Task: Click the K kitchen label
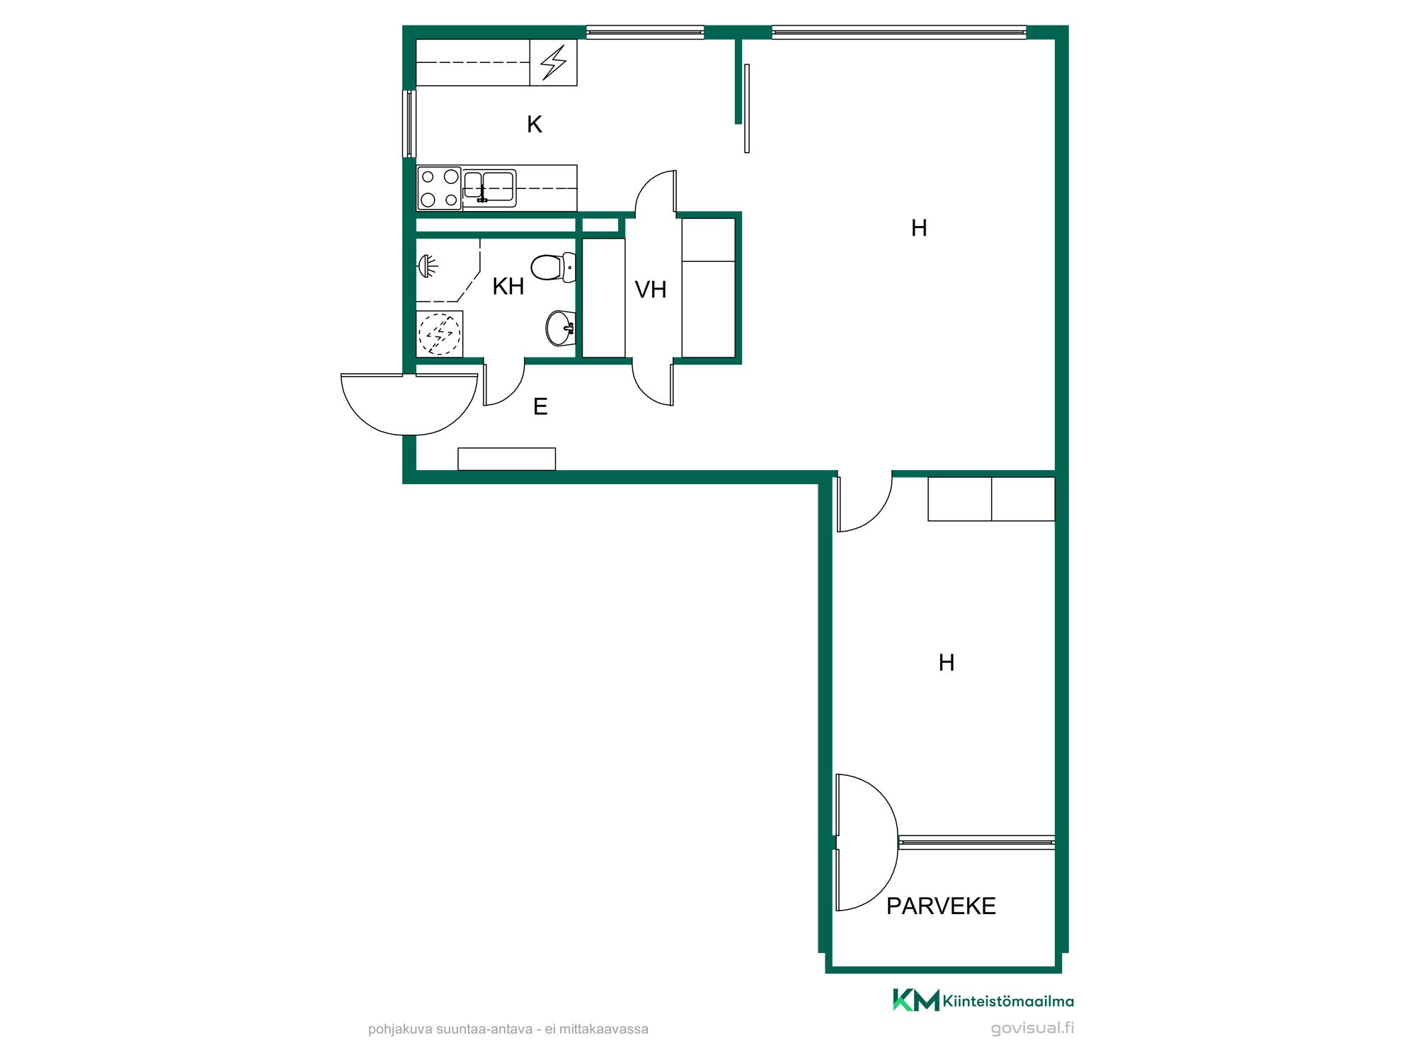(535, 125)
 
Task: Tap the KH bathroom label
(508, 287)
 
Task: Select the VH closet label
(651, 290)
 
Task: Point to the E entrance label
(540, 406)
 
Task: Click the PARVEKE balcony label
(941, 906)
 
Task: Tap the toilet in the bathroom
(553, 268)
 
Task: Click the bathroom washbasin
(561, 329)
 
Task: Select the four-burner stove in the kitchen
(439, 188)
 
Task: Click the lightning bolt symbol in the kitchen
(554, 62)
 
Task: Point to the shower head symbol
(428, 266)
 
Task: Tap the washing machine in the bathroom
(440, 334)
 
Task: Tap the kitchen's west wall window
(409, 124)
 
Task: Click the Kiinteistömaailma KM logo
(983, 1000)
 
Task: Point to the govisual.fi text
(1032, 1028)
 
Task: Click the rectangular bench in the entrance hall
(507, 459)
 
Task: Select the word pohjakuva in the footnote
(400, 1029)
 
